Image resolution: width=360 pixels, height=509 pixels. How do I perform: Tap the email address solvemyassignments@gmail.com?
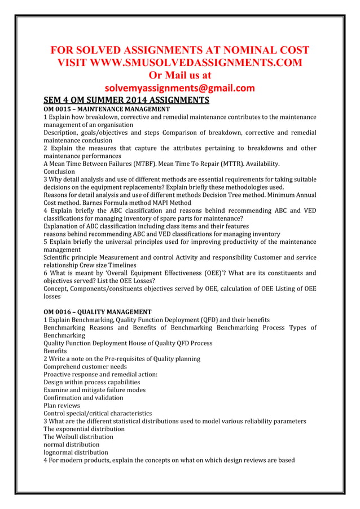tap(180, 88)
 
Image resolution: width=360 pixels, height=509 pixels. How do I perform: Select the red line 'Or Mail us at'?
tap(180, 75)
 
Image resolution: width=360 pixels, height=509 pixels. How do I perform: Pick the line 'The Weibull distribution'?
tap(78, 437)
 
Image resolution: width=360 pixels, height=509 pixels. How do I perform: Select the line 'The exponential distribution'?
tap(84, 429)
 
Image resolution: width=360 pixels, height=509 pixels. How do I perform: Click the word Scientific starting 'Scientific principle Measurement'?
tap(60, 257)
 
